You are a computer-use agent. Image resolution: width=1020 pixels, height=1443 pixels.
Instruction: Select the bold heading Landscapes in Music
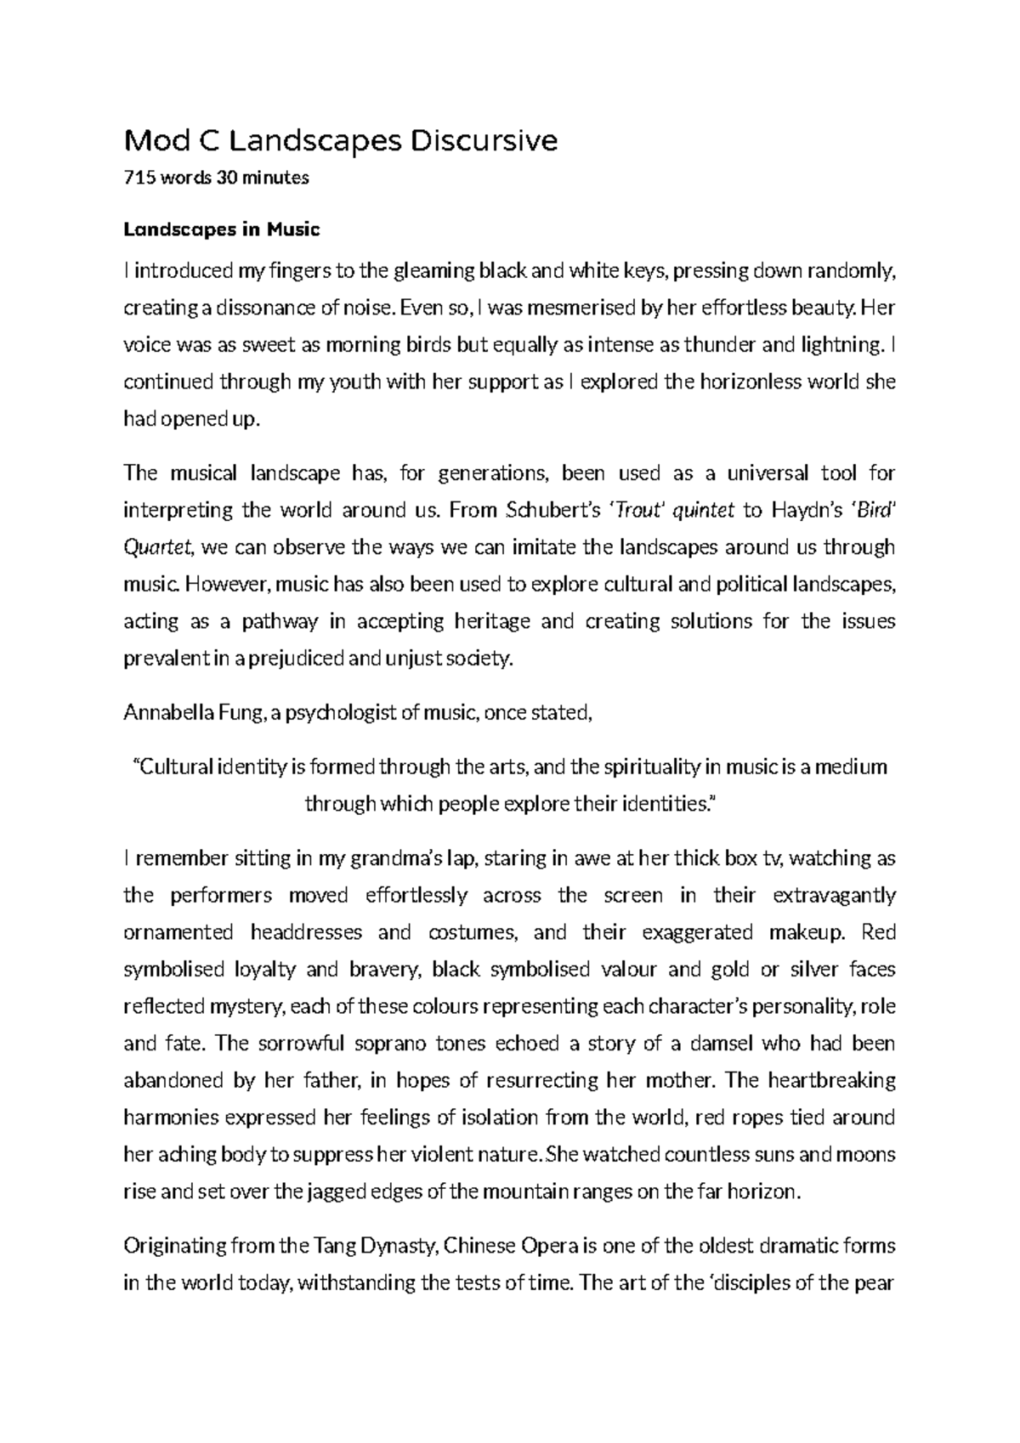pos(222,229)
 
